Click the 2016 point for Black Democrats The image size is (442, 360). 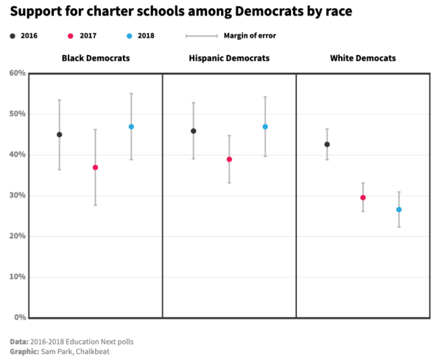60,135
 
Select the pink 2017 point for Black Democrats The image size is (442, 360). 95,168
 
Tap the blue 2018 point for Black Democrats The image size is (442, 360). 131,127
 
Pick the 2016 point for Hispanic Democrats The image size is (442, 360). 193,131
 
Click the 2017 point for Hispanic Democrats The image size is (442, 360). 229,160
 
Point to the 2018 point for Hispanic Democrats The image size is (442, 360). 265,127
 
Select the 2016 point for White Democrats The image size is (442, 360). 327,144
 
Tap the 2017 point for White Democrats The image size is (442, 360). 362,197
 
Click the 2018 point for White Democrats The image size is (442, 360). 399,210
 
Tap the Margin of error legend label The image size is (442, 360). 250,35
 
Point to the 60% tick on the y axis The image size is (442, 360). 18,73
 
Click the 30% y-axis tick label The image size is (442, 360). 18,196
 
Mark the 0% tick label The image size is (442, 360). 20,318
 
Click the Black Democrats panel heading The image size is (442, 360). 95,58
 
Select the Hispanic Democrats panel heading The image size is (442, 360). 229,58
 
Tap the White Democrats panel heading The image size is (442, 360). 362,58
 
